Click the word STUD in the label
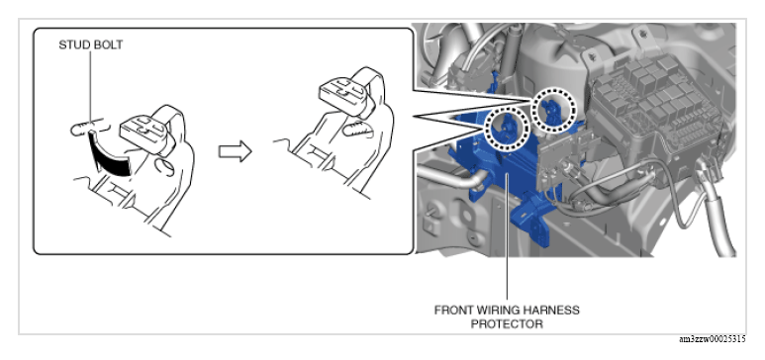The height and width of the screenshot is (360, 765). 70,45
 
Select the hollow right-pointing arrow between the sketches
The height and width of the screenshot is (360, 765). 235,151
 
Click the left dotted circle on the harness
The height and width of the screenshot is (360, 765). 508,128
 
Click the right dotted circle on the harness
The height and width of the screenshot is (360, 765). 554,111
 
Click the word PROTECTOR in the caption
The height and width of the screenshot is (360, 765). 507,324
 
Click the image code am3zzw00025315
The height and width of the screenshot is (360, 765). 712,339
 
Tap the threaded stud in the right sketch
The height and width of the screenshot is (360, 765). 356,129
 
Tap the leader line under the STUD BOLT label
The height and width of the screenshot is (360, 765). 90,86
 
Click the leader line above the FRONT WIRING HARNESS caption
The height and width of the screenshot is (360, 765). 507,235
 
